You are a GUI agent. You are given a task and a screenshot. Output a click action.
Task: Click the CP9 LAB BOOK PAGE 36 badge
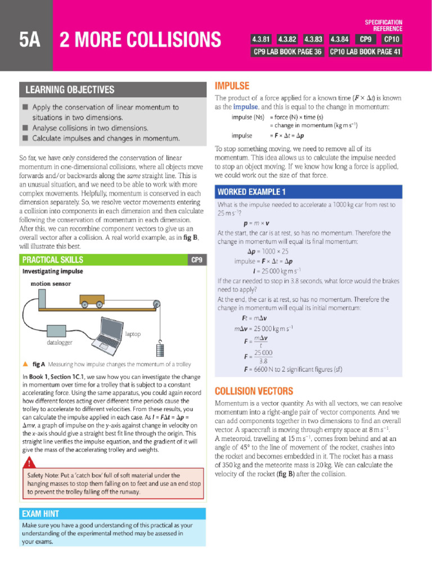coord(287,52)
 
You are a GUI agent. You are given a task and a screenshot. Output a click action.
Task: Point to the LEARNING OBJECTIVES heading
coord(69,90)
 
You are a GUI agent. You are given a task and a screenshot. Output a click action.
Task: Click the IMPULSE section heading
coord(232,86)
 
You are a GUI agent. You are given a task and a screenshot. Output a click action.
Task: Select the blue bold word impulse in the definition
coord(245,107)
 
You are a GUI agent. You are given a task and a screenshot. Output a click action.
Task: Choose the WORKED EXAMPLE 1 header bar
coord(252,192)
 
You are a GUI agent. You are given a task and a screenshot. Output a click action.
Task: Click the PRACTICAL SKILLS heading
coord(52,259)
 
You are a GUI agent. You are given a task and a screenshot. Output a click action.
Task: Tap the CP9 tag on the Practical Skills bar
coord(196,259)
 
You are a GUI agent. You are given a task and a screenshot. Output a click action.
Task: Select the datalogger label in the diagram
coord(60,342)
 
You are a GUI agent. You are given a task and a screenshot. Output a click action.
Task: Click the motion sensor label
coord(51,283)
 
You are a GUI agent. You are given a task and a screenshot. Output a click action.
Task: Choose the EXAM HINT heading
coord(40,514)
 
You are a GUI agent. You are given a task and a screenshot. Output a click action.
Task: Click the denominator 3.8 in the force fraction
coord(263,361)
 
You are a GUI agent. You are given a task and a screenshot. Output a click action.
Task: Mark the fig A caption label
coord(38,364)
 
